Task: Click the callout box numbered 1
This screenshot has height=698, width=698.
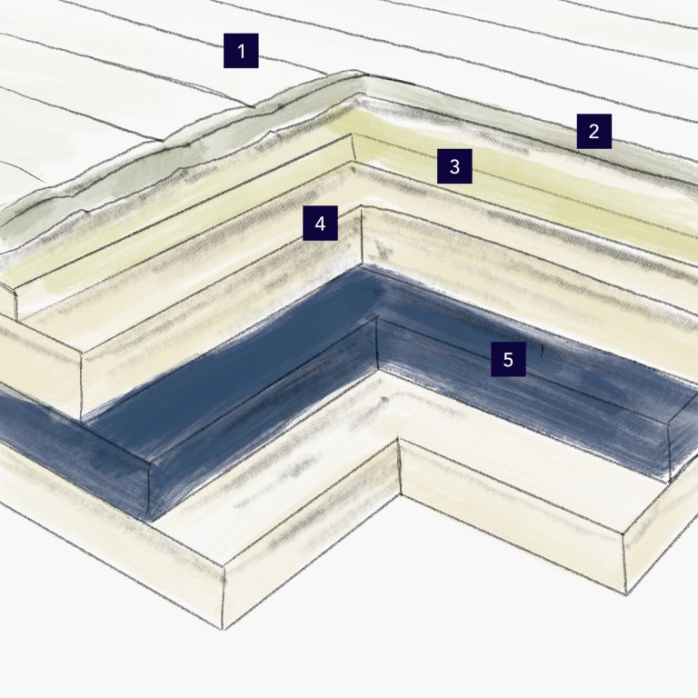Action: [241, 51]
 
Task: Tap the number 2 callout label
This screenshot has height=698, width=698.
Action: [593, 131]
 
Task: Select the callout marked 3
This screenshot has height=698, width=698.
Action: [454, 166]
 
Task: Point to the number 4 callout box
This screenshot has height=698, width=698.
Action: [320, 223]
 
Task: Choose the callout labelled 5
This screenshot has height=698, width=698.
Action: [508, 359]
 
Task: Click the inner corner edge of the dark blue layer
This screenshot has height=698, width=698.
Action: [377, 344]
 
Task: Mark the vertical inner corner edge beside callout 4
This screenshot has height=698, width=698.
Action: [361, 235]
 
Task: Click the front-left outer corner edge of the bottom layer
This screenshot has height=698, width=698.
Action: [224, 597]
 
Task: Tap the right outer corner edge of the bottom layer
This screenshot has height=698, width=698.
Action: [625, 563]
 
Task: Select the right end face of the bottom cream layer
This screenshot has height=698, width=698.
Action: [661, 525]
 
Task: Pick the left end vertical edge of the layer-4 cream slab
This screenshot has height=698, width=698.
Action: [82, 385]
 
